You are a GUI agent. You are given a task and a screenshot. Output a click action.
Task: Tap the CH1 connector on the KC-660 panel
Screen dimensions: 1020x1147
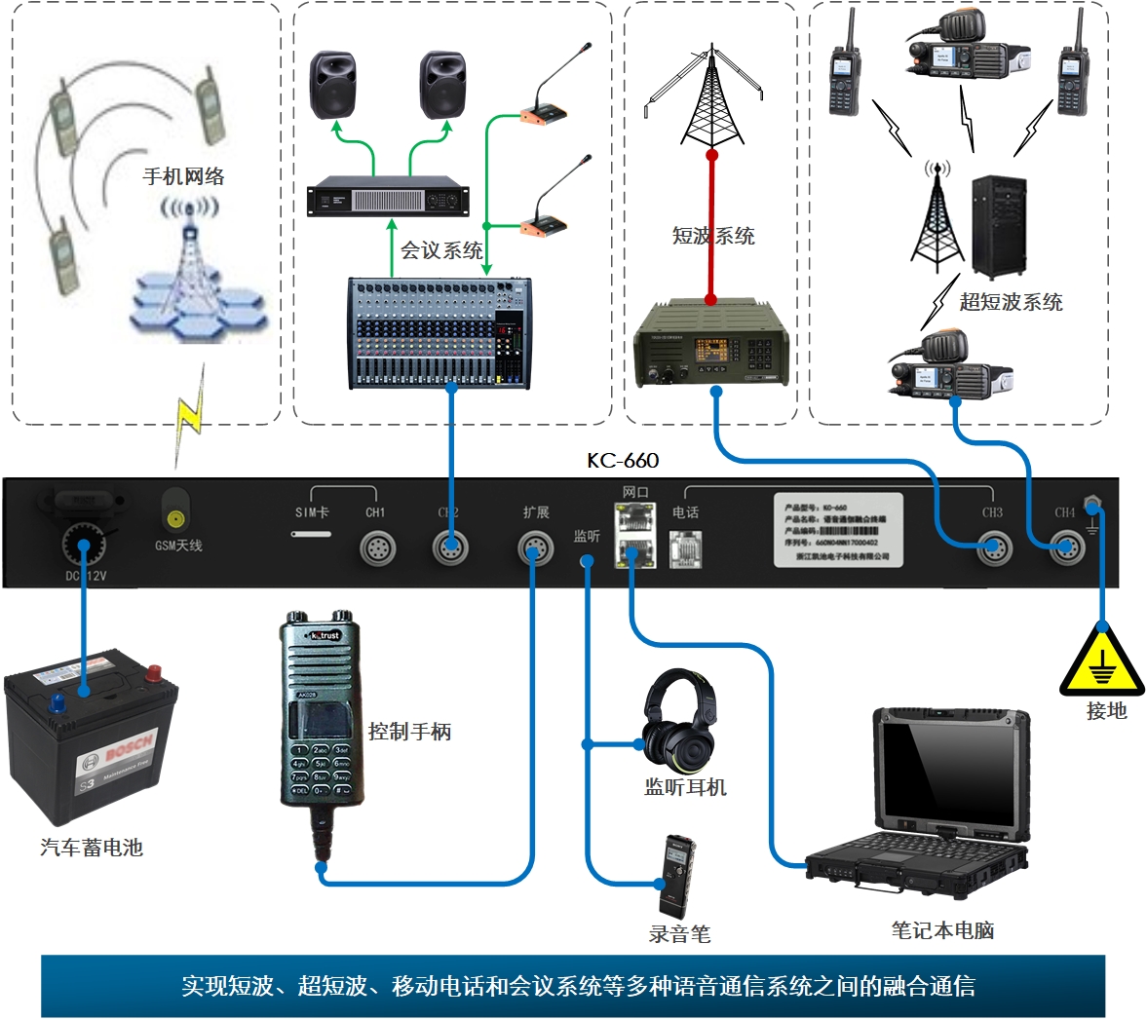coord(377,548)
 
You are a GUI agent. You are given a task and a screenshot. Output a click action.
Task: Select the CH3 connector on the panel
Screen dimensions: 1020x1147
coord(993,548)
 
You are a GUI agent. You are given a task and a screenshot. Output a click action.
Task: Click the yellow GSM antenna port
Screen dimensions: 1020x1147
coord(175,518)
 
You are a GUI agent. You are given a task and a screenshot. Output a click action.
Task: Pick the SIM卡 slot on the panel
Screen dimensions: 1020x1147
coord(312,534)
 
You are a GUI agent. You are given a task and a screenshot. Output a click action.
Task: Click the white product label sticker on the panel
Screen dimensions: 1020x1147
coord(838,530)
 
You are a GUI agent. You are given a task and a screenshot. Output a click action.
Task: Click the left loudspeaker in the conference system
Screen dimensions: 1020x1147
coord(333,86)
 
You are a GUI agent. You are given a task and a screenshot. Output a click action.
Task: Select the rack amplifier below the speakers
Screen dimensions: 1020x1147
coord(388,199)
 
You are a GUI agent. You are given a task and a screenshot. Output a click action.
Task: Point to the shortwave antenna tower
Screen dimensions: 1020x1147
coord(711,97)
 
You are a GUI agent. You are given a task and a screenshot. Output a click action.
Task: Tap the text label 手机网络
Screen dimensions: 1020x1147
coord(183,176)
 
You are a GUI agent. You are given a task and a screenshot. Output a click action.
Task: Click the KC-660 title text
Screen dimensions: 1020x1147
coord(623,461)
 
